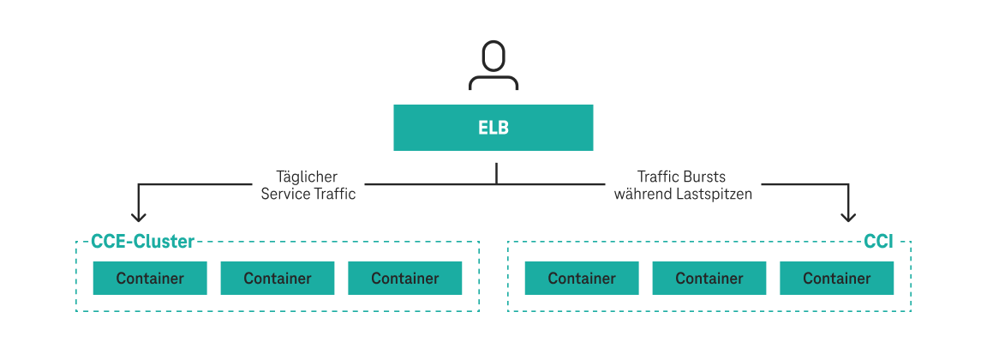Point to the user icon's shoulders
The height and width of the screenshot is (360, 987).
coord(493,83)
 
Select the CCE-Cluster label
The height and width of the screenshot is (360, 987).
coord(143,242)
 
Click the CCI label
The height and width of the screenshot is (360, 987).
coord(878,242)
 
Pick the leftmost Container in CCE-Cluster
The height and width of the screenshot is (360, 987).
coord(150,279)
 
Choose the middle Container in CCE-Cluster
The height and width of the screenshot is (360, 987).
coord(278,279)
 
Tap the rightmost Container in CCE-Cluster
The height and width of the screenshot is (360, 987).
coord(404,279)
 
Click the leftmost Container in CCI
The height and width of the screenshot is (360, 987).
coord(582,279)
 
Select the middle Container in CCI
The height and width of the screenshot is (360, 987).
coord(709,279)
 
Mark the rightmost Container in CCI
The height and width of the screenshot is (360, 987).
coord(836,279)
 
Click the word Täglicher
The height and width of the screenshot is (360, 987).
coord(308,177)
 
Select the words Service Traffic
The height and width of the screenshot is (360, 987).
coord(308,195)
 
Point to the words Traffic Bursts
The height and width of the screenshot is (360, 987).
coord(681,177)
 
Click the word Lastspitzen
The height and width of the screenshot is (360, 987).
coord(716,195)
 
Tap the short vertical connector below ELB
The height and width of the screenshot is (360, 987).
coord(496,173)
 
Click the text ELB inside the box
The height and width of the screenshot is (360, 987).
coord(493,128)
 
